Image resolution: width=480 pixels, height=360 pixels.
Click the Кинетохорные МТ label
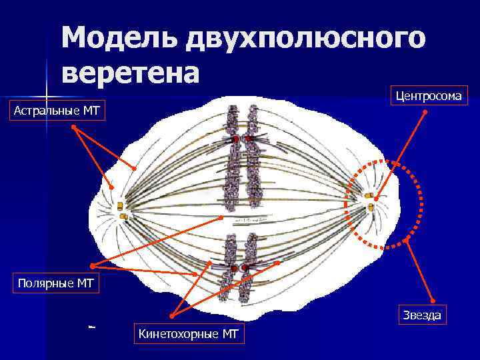coord(188,333)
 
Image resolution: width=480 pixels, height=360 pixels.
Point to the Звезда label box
coord(421,315)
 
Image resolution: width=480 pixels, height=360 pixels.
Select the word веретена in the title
coord(130,72)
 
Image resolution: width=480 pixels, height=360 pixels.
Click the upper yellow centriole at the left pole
coord(121,205)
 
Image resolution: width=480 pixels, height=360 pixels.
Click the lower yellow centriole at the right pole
coord(371,207)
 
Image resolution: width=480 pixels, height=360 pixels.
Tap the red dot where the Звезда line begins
coord(407,241)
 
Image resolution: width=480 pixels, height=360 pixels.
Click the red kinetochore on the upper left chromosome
coord(235,139)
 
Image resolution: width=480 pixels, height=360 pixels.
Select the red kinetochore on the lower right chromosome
coord(245,268)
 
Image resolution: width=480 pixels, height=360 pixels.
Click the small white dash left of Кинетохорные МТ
coord(92,326)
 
